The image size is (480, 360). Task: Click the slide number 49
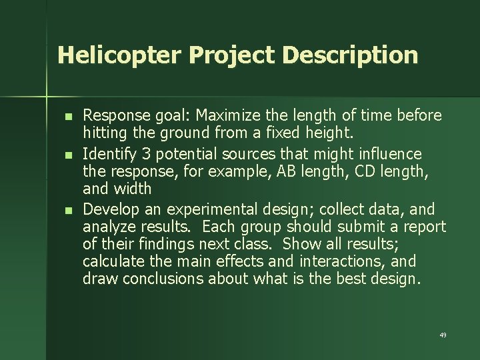tap(443, 335)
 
